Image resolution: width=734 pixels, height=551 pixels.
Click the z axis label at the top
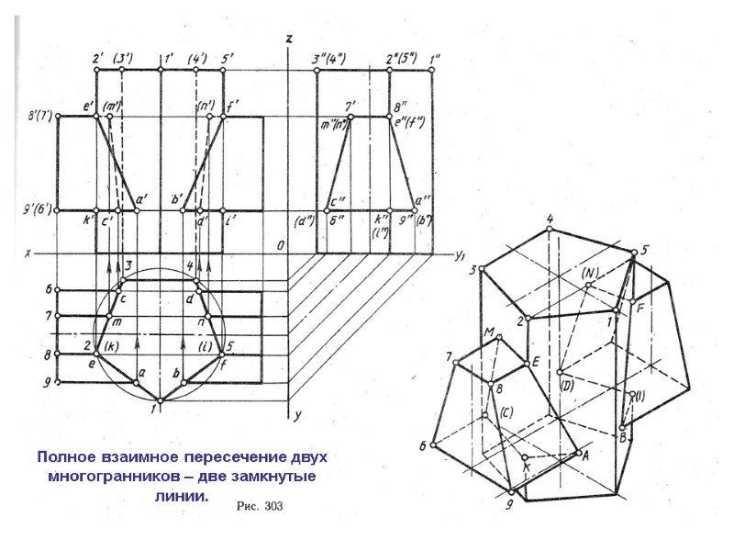[289, 39]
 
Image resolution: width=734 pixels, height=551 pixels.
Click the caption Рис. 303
[267, 506]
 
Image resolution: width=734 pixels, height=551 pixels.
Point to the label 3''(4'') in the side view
[329, 60]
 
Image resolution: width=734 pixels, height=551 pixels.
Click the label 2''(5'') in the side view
[403, 60]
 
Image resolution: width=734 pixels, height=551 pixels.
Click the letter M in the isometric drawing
[489, 332]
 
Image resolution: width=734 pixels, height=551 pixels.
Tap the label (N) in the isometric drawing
[590, 274]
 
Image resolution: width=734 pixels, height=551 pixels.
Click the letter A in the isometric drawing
[585, 451]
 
